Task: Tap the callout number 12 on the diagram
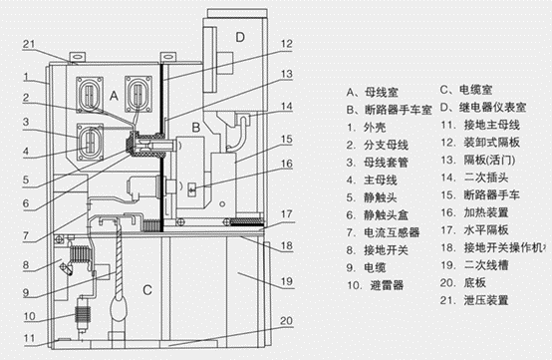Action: tap(285, 44)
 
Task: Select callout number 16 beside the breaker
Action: tap(285, 165)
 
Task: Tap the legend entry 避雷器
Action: tap(372, 285)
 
